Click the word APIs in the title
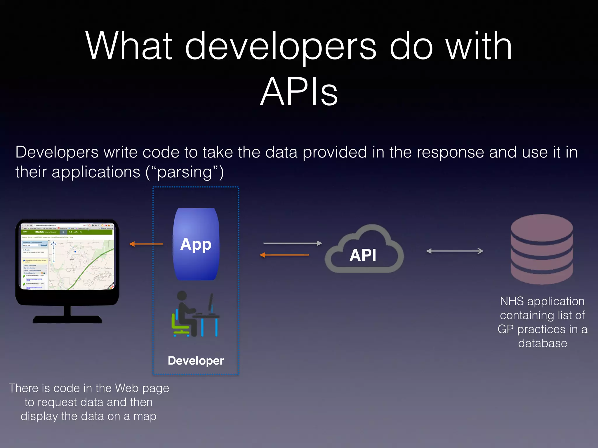pyautogui.click(x=299, y=92)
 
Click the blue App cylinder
pyautogui.click(x=196, y=244)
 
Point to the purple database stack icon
pyautogui.click(x=542, y=249)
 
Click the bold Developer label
pyautogui.click(x=196, y=361)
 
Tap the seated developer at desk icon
pyautogui.click(x=195, y=314)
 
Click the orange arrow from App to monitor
pyautogui.click(x=146, y=244)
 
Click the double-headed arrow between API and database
pyautogui.click(x=454, y=251)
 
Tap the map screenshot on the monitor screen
pyautogui.click(x=81, y=264)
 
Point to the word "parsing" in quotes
pyautogui.click(x=185, y=172)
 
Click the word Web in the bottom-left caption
pyautogui.click(x=126, y=388)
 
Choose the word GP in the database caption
pyautogui.click(x=505, y=329)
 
